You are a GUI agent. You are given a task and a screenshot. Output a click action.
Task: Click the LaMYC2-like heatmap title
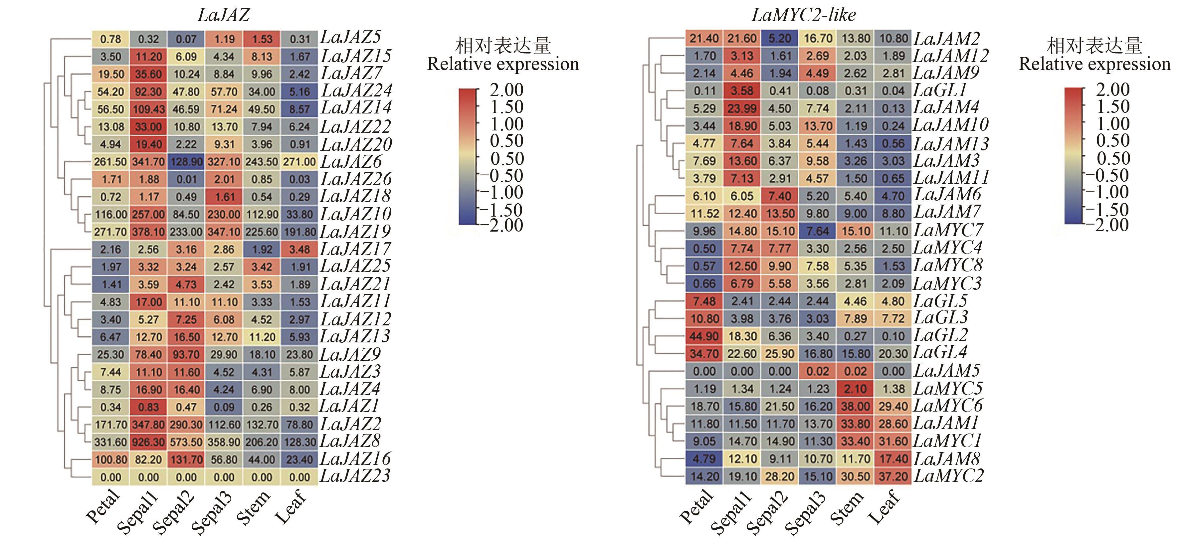tap(803, 15)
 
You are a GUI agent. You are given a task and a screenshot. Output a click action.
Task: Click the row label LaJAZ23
tap(355, 476)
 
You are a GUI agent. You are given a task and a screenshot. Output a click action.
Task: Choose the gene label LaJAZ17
tap(355, 249)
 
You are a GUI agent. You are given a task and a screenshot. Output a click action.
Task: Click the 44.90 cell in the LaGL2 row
tap(704, 336)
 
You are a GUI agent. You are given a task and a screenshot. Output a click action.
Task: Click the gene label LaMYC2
tap(948, 476)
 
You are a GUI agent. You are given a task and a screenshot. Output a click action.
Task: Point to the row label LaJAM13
tap(951, 144)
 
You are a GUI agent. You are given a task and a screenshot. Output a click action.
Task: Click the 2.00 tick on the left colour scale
tap(506, 90)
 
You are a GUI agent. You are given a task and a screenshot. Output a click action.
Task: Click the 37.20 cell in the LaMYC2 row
tap(893, 476)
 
